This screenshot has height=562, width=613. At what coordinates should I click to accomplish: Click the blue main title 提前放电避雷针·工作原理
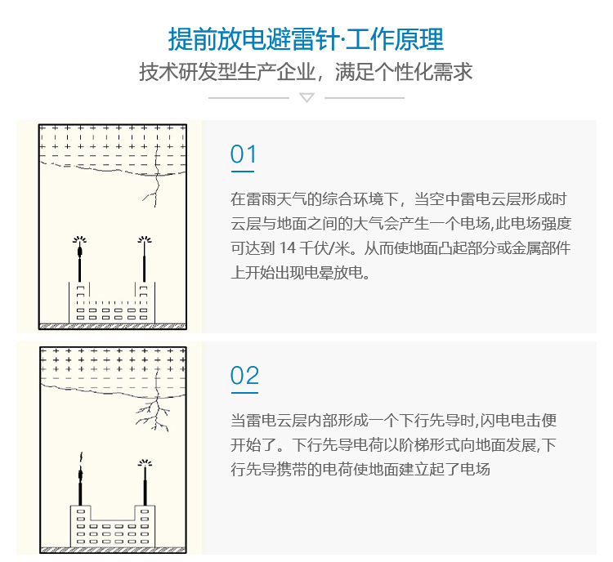(306, 39)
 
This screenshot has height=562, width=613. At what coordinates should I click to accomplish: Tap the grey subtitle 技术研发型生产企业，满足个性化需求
(306, 72)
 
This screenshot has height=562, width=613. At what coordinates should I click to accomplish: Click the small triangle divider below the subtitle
(306, 97)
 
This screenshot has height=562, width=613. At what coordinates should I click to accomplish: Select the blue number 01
(244, 154)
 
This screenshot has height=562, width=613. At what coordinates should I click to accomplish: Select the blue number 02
(244, 376)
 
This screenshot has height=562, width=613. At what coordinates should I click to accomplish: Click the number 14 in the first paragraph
(288, 248)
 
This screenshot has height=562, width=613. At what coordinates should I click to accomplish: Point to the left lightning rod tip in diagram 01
(79, 239)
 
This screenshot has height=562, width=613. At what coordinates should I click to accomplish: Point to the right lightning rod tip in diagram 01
(145, 239)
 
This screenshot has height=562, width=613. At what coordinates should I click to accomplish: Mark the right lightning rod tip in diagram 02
(145, 463)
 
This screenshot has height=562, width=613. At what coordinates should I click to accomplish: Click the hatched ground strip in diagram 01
(113, 326)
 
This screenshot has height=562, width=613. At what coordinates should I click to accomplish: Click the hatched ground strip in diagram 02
(113, 550)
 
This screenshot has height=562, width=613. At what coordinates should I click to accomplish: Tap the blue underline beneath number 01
(243, 172)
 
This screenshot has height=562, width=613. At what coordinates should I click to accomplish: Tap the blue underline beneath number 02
(244, 393)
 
